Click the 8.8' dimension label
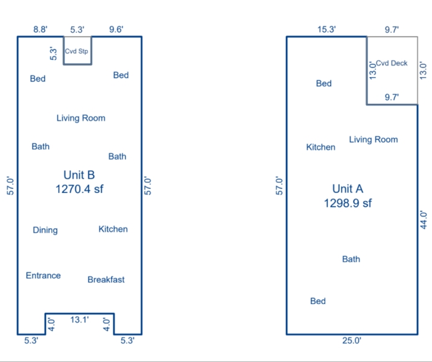(x=40, y=29)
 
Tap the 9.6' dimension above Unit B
(x=116, y=29)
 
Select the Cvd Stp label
(x=76, y=51)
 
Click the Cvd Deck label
(x=392, y=63)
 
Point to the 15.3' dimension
(x=326, y=29)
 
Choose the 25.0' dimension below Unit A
(x=352, y=341)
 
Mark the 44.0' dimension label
(x=424, y=220)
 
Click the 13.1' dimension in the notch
(x=80, y=320)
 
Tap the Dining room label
(x=45, y=230)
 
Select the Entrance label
(x=43, y=276)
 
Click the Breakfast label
(x=106, y=279)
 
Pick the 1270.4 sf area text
(x=80, y=189)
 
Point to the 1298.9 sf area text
(x=348, y=203)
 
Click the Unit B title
(x=79, y=175)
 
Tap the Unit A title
(x=348, y=189)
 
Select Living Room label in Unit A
(x=373, y=140)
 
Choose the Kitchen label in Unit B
(x=113, y=229)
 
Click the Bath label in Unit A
(x=351, y=259)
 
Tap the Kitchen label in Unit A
(x=321, y=147)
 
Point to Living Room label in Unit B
(x=81, y=118)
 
